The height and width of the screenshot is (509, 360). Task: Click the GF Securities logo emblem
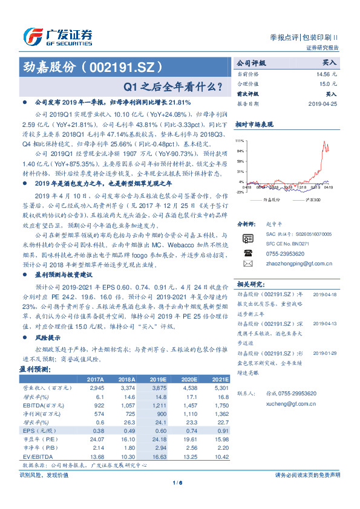31,37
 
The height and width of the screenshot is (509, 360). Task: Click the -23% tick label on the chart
240,193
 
